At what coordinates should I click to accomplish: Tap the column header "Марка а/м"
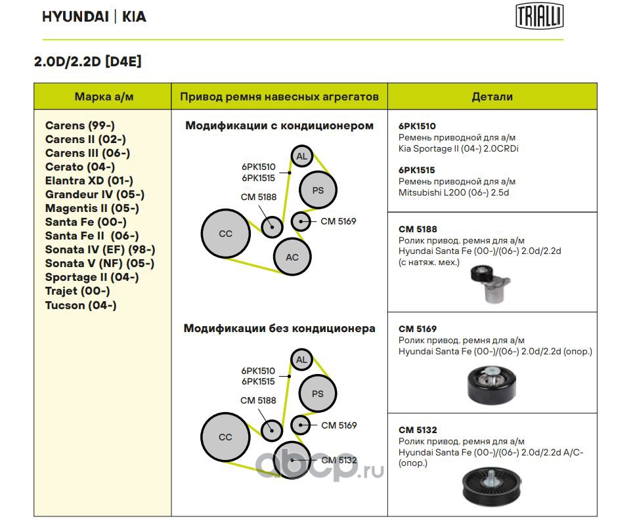tap(104, 96)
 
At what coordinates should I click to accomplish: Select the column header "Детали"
tap(492, 96)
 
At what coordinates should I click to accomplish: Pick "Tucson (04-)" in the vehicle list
tap(81, 305)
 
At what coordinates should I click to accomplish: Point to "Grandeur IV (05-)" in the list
tap(95, 194)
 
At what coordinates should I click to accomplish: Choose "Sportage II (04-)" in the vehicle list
tap(92, 277)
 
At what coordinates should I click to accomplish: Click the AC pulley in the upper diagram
tap(292, 257)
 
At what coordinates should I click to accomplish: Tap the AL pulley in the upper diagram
tap(301, 156)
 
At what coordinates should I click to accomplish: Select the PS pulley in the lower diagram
tap(318, 394)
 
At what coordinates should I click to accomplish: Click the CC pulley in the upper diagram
tap(225, 234)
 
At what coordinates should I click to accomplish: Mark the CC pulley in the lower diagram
tap(225, 437)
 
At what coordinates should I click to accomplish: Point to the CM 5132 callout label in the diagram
tap(339, 460)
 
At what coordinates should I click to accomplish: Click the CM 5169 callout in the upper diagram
tap(338, 221)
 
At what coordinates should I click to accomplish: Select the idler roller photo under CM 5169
tap(491, 385)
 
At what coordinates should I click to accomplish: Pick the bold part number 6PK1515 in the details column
tap(417, 170)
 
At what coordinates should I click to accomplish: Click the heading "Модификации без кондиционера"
tap(279, 328)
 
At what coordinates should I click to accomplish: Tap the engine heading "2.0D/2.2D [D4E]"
tap(88, 62)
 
